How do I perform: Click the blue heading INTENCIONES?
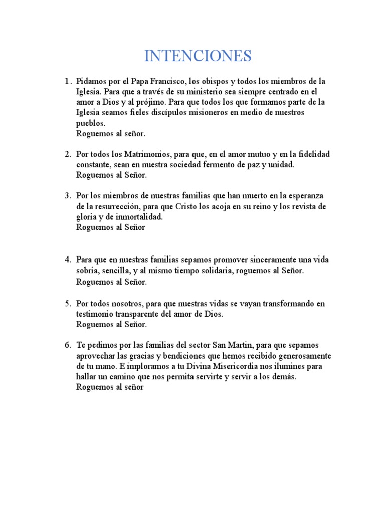click(x=198, y=56)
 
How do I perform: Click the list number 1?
click(x=67, y=81)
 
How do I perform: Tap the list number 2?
click(x=67, y=154)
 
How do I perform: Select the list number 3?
click(x=67, y=195)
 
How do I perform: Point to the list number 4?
click(x=67, y=260)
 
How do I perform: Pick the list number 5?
click(x=67, y=304)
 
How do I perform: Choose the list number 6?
click(x=67, y=345)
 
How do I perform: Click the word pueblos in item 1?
click(x=91, y=123)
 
